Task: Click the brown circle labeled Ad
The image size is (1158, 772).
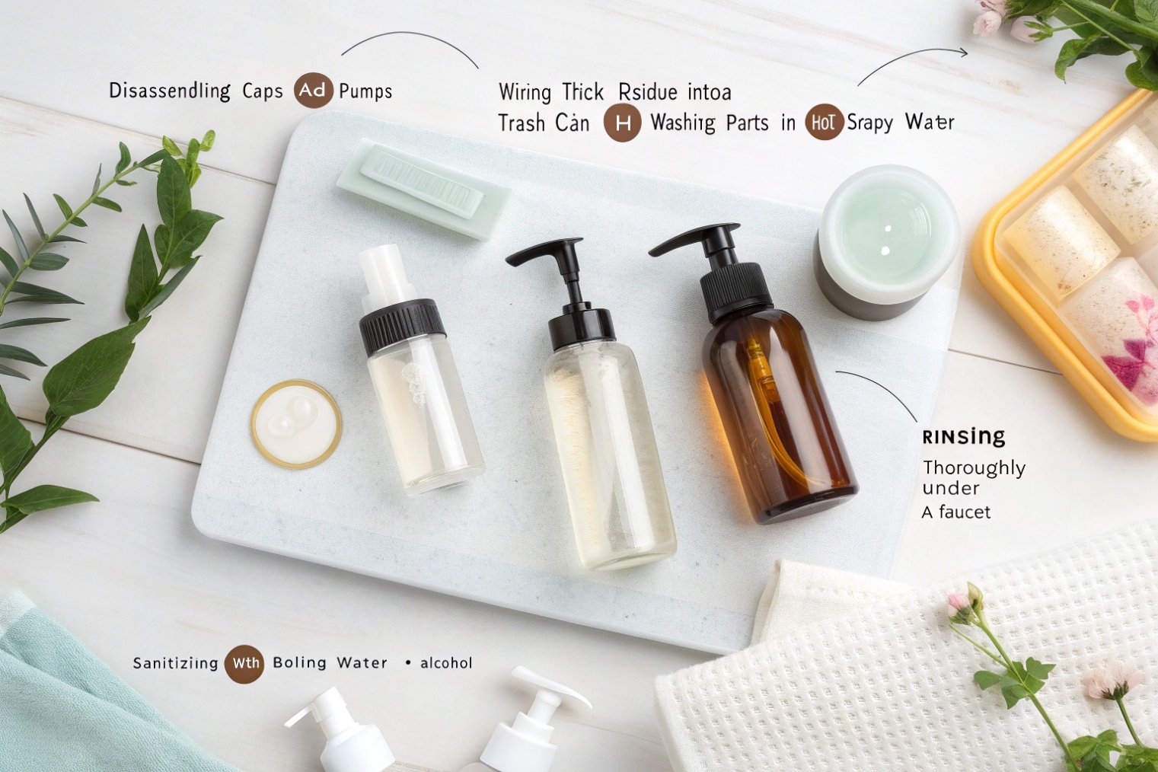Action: click(x=312, y=91)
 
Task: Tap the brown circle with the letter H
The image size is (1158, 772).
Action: click(x=622, y=123)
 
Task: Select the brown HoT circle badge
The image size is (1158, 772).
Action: click(x=823, y=123)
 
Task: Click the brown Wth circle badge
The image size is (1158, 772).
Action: click(x=244, y=663)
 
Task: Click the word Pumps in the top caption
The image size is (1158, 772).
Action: click(x=365, y=91)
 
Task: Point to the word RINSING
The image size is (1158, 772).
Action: click(x=963, y=437)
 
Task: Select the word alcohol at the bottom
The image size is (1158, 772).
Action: click(x=446, y=663)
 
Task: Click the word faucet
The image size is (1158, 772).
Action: click(x=965, y=512)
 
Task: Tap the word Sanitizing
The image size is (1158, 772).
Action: click(x=175, y=663)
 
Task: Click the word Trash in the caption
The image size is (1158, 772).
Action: click(x=522, y=123)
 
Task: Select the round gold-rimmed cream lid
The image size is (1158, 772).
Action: click(x=295, y=423)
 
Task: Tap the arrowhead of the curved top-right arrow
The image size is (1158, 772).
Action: click(x=964, y=53)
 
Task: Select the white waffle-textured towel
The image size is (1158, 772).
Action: click(x=876, y=670)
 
